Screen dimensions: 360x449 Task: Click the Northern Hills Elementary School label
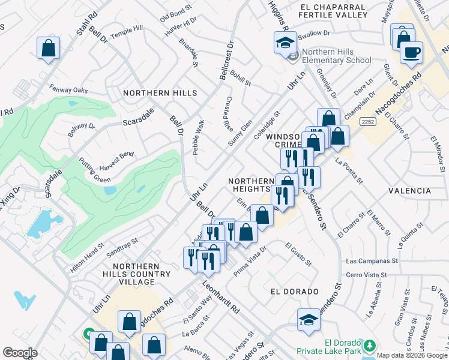point(337,56)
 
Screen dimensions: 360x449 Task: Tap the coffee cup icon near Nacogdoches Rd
point(411,52)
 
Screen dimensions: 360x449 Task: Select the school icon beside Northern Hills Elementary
point(285,43)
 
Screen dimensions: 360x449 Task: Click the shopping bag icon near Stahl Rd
point(48,47)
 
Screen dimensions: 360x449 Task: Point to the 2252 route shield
point(368,121)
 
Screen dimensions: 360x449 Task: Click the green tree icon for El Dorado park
point(370,344)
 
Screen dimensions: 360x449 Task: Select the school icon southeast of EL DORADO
point(309,319)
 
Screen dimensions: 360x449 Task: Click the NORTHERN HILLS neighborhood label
point(160,93)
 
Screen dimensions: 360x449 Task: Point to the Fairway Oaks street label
point(68,90)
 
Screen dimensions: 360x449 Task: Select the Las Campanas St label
point(372,262)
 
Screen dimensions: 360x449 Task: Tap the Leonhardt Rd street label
point(220,299)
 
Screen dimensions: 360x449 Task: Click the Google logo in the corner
point(20,353)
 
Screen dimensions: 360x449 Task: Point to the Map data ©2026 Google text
point(412,355)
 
